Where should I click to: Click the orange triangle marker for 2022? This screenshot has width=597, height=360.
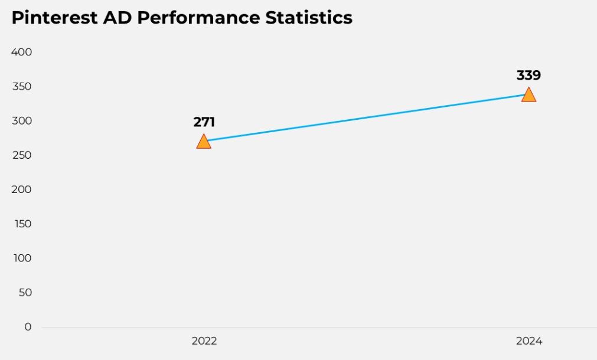(204, 142)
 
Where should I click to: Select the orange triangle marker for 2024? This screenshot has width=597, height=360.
(529, 95)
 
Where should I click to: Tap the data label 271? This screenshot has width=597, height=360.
(204, 122)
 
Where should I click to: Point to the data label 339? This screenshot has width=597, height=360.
(529, 76)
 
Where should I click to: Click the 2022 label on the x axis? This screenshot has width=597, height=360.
(204, 341)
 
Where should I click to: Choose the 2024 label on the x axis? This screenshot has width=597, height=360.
(529, 341)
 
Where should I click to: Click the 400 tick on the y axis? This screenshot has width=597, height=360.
(21, 52)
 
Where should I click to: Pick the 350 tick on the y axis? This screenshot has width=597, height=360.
(21, 87)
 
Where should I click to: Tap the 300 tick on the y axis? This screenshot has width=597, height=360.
(21, 121)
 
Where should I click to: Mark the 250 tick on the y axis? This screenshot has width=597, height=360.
(21, 155)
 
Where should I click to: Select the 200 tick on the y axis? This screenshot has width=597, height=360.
(21, 189)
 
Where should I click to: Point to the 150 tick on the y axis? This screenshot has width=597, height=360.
(21, 224)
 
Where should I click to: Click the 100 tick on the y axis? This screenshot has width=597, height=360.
(21, 258)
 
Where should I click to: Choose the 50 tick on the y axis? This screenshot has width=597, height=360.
(24, 292)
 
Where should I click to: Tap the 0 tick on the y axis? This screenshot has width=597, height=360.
(28, 326)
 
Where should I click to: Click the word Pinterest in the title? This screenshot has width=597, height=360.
(54, 18)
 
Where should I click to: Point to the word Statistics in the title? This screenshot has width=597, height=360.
(309, 18)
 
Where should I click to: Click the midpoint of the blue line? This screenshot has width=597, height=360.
(366, 118)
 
